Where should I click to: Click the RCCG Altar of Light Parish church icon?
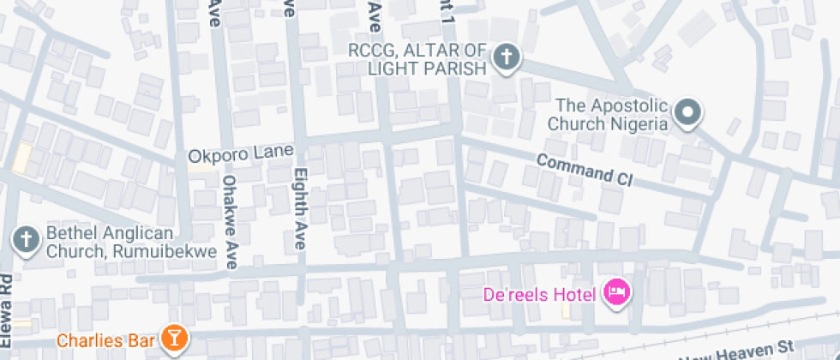[x=507, y=58]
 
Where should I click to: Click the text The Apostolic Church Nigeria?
[x=610, y=115]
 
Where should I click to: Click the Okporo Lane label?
[x=241, y=156]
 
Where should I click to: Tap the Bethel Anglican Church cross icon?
[x=27, y=241]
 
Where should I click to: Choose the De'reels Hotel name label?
[x=540, y=295]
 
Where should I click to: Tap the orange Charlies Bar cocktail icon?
[x=175, y=338]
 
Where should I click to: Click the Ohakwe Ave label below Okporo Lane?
[x=230, y=222]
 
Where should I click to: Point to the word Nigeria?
[x=638, y=123]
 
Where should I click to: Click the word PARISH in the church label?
[x=452, y=67]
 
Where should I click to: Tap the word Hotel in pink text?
[x=574, y=295]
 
